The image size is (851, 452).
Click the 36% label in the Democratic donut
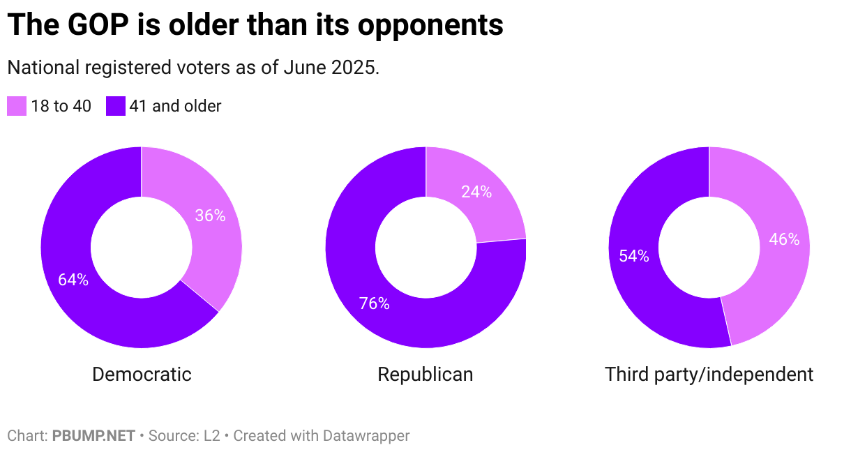210,216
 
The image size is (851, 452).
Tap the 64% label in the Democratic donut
73,280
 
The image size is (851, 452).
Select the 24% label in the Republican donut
476,192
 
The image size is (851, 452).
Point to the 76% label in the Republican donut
375,303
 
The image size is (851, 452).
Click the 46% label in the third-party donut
784,239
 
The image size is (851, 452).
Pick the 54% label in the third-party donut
634,256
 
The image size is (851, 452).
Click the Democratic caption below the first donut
142,375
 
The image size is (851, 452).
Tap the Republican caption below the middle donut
425,375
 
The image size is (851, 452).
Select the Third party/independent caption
709,375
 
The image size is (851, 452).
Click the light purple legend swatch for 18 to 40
17,106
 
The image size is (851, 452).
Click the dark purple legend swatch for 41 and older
116,106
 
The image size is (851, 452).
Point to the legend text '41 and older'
175,106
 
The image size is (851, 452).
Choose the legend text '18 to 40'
61,106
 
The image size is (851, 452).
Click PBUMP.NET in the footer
93,436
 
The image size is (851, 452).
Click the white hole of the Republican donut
425,247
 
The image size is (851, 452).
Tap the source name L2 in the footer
211,436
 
